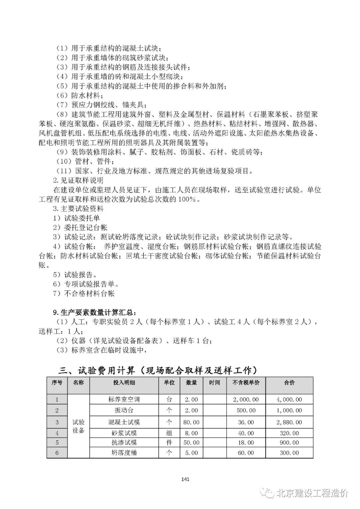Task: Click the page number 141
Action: [186, 479]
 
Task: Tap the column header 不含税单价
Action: [246, 383]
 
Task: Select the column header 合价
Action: [289, 383]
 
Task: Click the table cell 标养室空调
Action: [124, 399]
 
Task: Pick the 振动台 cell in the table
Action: [124, 410]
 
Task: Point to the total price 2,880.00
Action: [289, 422]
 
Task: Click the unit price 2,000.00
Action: [246, 399]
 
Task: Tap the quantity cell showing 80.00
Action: [191, 422]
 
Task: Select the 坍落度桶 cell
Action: [124, 453]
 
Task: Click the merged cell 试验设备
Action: [78, 426]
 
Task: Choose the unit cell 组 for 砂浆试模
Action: [169, 433]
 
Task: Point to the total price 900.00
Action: [289, 443]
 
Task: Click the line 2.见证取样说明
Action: [78, 180]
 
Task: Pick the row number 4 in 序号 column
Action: [57, 433]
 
